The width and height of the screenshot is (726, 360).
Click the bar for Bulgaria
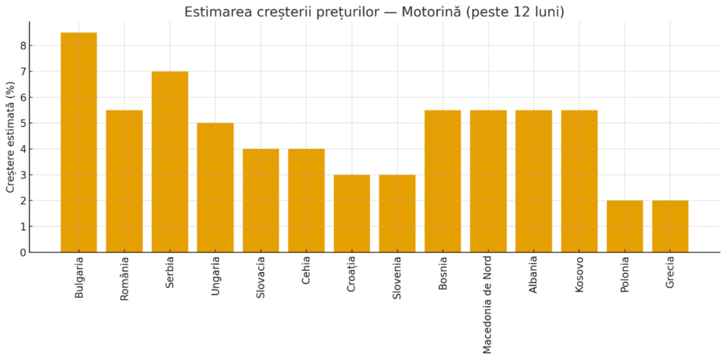pyautogui.click(x=79, y=142)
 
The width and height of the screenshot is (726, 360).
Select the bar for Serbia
pyautogui.click(x=169, y=162)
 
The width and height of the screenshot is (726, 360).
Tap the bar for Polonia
pyautogui.click(x=625, y=226)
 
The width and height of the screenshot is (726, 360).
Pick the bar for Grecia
pyautogui.click(x=670, y=226)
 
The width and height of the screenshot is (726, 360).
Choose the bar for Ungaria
pyautogui.click(x=215, y=187)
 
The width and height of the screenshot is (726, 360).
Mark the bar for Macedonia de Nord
pyautogui.click(x=488, y=181)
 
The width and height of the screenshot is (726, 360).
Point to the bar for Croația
pyautogui.click(x=352, y=213)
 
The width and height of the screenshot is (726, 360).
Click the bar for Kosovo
pyautogui.click(x=579, y=181)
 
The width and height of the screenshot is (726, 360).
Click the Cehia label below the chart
pyautogui.click(x=306, y=273)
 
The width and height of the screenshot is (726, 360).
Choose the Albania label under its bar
pyautogui.click(x=533, y=277)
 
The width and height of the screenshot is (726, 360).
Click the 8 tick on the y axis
pyautogui.click(x=23, y=46)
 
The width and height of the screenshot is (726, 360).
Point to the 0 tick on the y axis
pyautogui.click(x=23, y=252)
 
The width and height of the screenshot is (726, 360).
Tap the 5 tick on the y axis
pyautogui.click(x=23, y=123)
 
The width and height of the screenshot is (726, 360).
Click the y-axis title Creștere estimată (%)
pyautogui.click(x=11, y=137)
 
